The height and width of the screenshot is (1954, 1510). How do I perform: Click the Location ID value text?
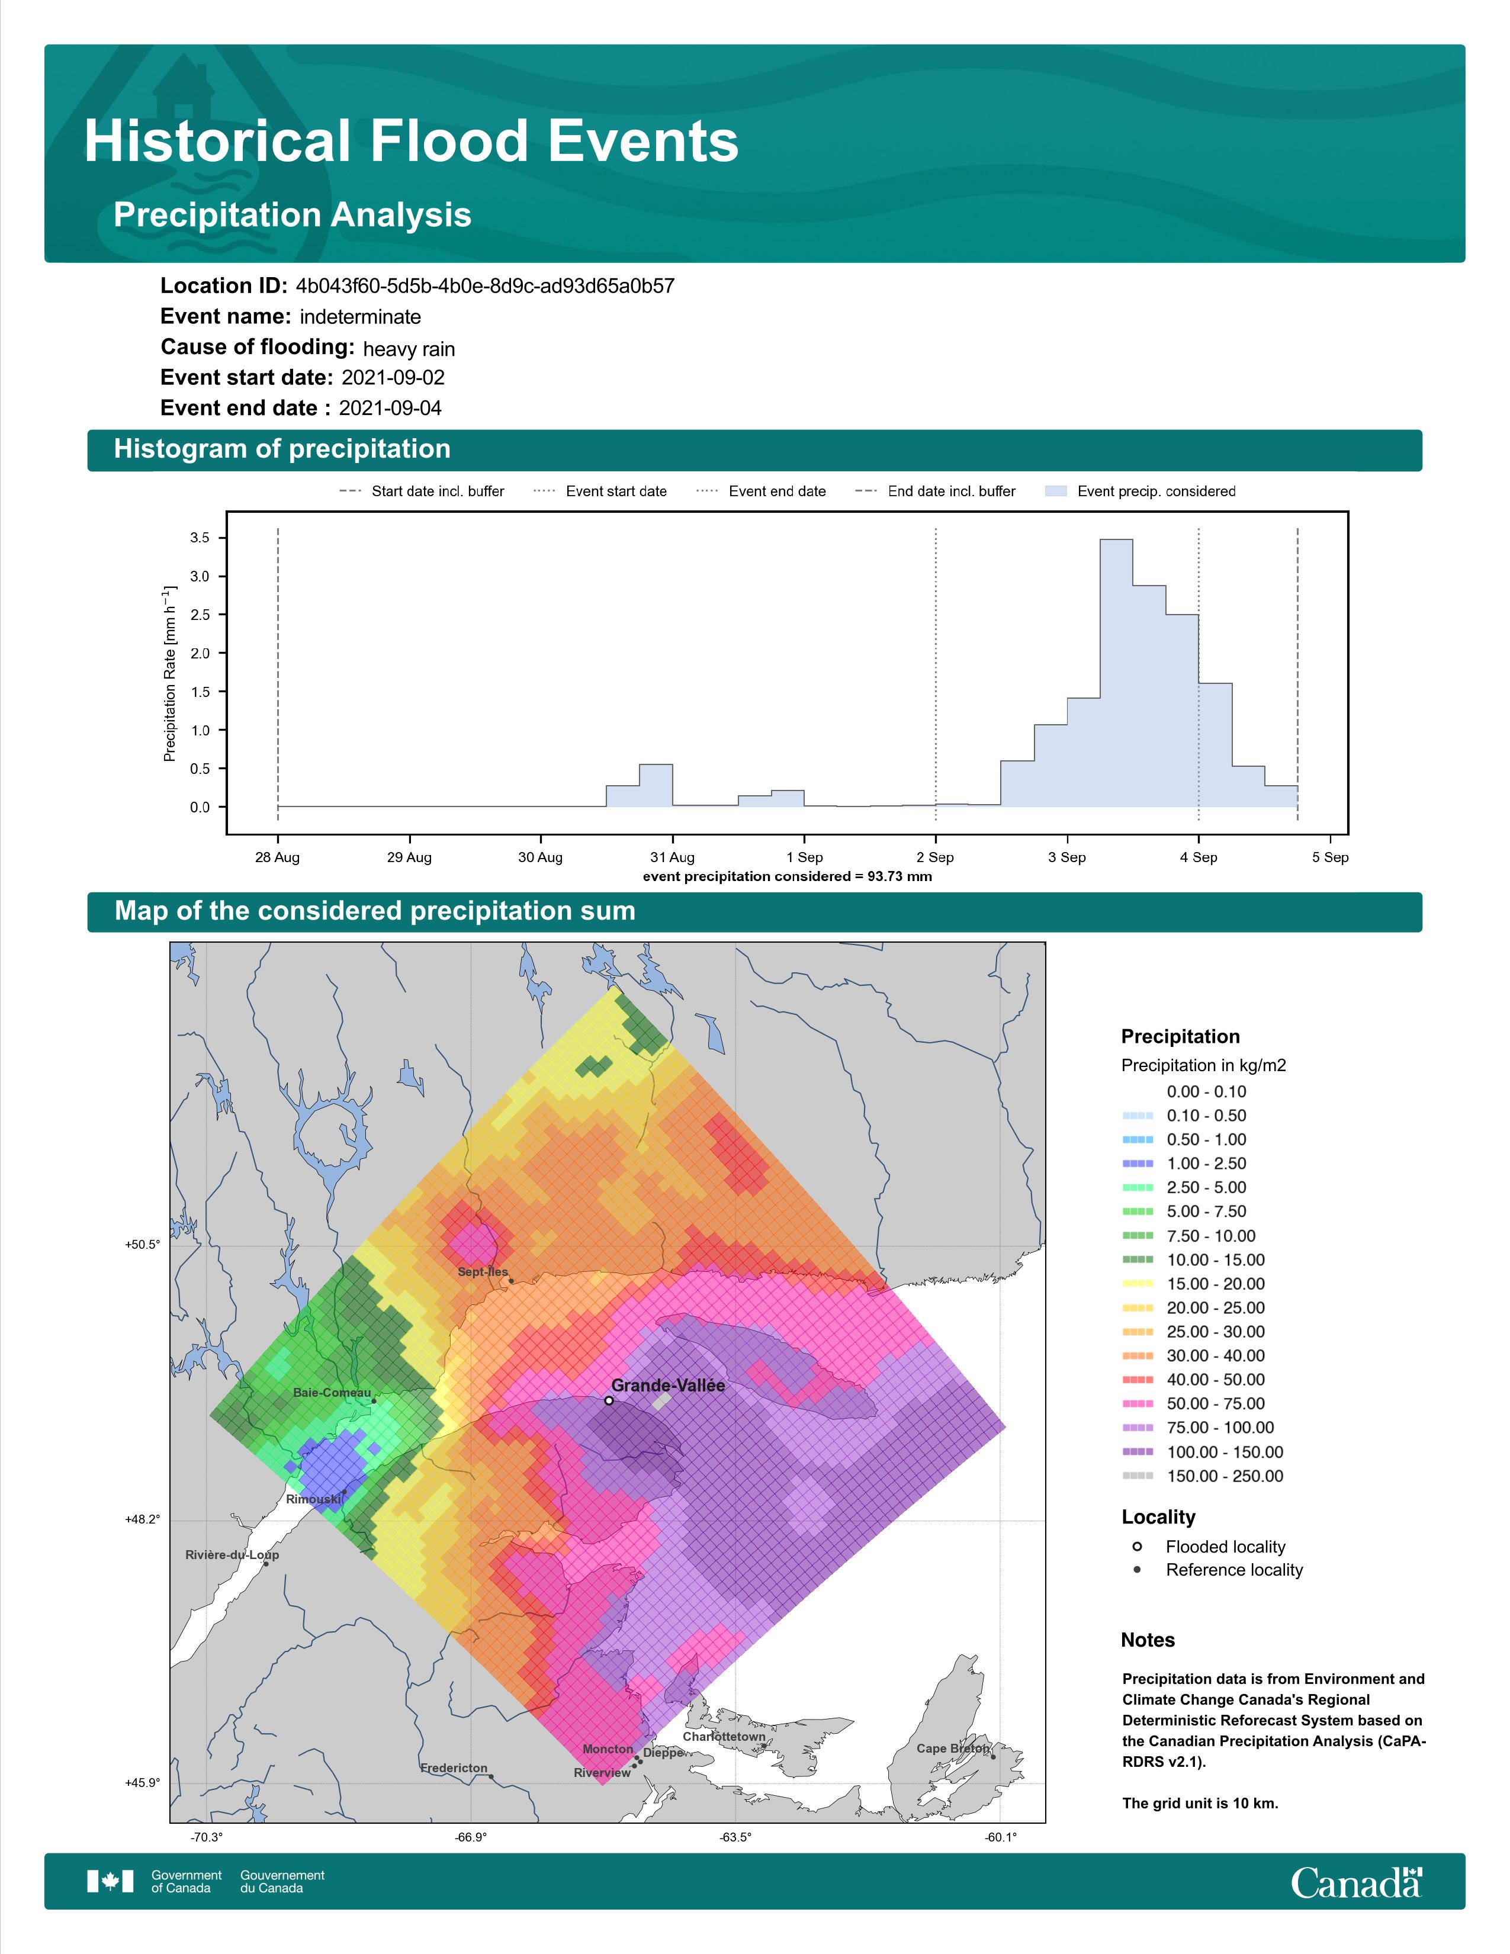[x=485, y=287]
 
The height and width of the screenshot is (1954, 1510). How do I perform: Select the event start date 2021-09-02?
[x=393, y=378]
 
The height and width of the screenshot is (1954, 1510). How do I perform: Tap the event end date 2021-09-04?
[x=390, y=408]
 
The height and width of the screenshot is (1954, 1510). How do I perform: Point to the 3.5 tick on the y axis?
[x=200, y=538]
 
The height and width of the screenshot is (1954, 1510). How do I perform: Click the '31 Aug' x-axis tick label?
[x=672, y=857]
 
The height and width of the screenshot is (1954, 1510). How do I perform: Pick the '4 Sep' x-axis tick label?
[x=1198, y=857]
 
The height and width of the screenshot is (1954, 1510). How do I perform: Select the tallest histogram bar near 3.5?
[x=1116, y=673]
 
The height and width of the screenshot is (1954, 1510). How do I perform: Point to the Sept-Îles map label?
[x=482, y=1271]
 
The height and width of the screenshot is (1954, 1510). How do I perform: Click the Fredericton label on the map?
[x=454, y=1768]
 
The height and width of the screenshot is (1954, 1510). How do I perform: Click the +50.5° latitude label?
[x=142, y=1245]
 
